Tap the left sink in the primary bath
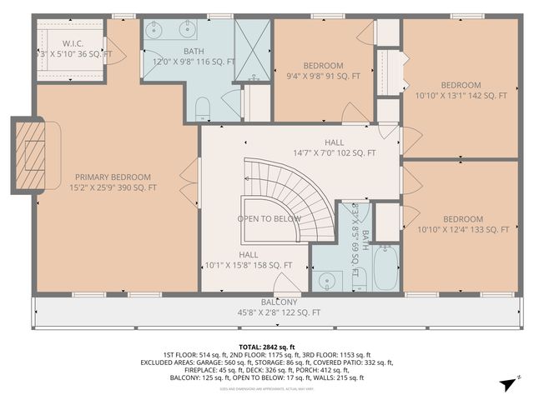pos(156,32)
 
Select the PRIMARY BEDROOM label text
pos(113,182)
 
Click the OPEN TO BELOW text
pos(269,218)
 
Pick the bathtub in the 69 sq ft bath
pos(386,267)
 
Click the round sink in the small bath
pos(325,281)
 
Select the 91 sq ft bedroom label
pos(322,71)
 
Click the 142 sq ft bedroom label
pos(461,90)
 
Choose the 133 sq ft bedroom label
pos(462,224)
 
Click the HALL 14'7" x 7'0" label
pos(334,147)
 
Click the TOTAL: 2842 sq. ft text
pos(267,346)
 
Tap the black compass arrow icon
pos(505,382)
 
